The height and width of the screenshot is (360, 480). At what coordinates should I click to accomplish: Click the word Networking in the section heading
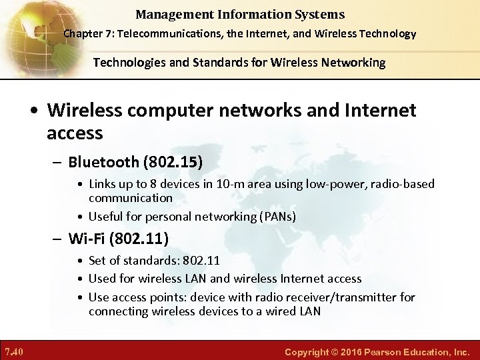[353, 63]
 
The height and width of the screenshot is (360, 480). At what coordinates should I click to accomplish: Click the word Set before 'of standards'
[97, 260]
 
